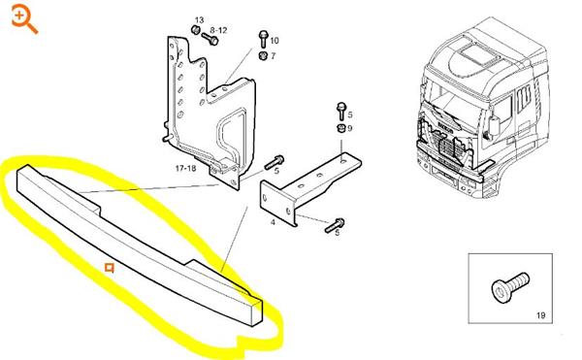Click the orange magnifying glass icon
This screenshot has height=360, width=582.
pos(24,19)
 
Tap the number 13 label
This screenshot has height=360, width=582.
pos(199,20)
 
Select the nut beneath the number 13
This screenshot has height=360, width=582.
pos(196,29)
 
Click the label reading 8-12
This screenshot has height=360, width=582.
pos(218,30)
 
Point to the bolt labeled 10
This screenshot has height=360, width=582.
pos(263,39)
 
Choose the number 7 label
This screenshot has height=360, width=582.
pos(274,56)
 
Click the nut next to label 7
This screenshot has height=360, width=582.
pos(263,55)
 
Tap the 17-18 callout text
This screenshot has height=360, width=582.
pos(185,169)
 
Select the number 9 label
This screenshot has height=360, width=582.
pos(349,128)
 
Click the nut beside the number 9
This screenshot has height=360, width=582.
pos(340,128)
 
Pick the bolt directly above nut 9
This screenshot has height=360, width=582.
pos(340,112)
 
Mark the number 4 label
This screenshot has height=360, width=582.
pos(273,222)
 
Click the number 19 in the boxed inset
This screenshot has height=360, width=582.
pos(541,315)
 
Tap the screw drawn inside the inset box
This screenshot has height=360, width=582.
pos(509,287)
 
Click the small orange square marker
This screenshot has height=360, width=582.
pos(109,268)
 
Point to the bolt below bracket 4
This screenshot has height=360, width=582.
pos(335,225)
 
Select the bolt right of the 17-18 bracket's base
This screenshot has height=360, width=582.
pos(275,162)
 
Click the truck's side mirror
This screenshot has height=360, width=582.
pos(494,125)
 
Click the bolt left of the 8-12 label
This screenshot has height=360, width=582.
pos(210,39)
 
